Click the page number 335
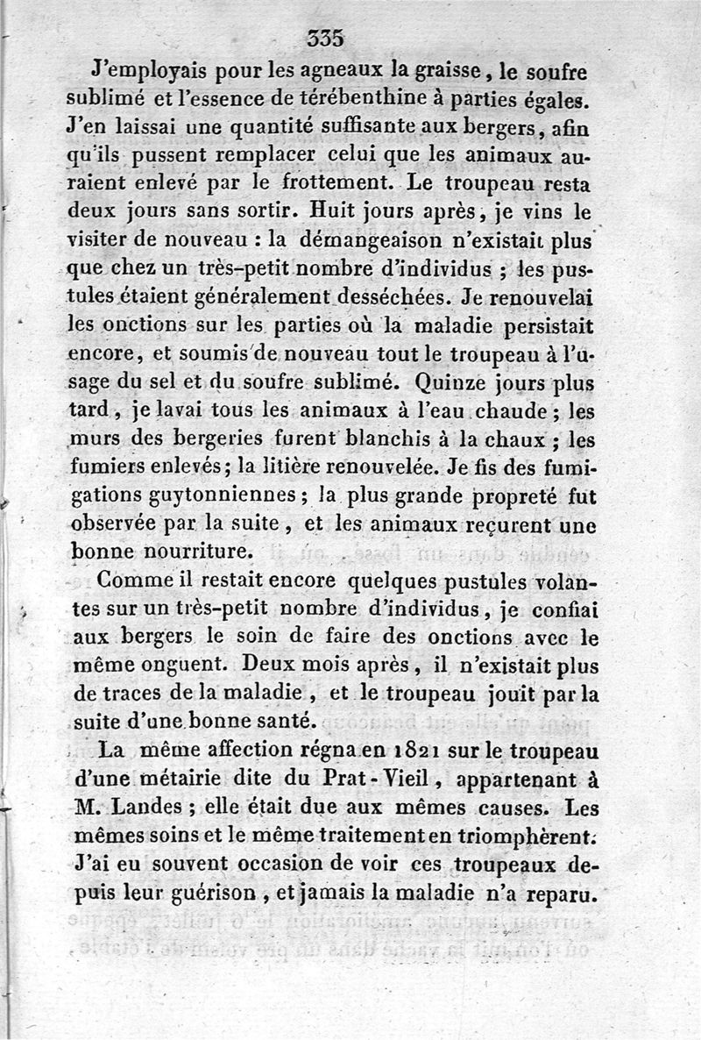(x=326, y=38)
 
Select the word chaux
(x=515, y=438)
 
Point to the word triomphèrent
(x=518, y=836)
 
